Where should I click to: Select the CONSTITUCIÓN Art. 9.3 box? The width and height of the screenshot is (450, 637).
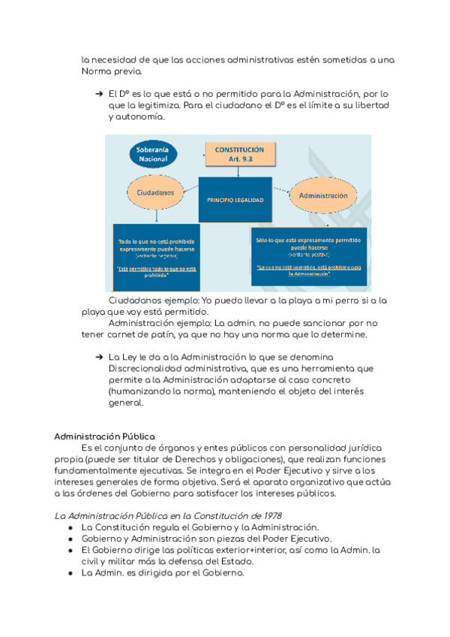point(239,154)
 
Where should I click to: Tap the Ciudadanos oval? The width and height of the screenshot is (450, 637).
point(156,193)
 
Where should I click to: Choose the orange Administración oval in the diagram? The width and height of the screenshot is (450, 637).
point(323,195)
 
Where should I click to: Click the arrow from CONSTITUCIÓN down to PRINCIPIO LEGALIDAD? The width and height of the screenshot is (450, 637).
point(238,172)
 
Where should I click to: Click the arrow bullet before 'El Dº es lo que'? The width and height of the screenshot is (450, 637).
point(98,94)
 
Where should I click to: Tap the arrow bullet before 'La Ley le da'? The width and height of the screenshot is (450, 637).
point(98,356)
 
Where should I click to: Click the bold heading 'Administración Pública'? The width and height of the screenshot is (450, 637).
point(105,436)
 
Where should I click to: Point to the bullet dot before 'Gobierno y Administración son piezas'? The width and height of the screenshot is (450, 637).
point(70,539)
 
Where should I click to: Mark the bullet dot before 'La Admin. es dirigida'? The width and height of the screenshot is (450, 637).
point(70,574)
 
